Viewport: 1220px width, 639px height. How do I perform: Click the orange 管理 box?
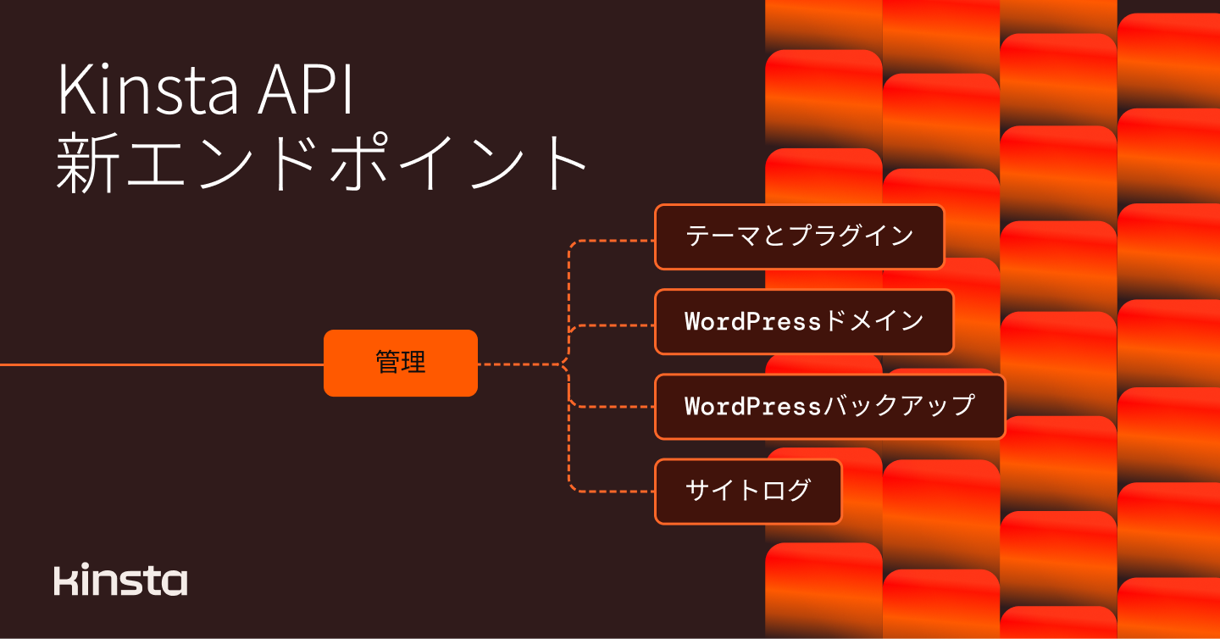401,363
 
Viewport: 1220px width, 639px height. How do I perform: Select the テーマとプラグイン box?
799,236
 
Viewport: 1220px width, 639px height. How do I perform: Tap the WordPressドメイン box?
804,321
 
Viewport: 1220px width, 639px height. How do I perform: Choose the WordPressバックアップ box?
829,406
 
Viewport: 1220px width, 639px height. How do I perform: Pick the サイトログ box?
748,491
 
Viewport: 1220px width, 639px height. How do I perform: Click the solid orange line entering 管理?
161,364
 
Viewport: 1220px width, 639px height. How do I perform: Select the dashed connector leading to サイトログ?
610,491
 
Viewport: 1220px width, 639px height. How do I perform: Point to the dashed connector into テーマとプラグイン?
610,241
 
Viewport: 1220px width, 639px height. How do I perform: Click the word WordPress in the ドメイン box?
753,322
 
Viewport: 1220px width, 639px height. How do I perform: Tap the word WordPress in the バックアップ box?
753,407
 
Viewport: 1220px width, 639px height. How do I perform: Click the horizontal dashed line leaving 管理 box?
517,364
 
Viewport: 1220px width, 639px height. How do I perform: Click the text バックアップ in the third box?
899,406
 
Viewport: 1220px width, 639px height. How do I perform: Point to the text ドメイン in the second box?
873,321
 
